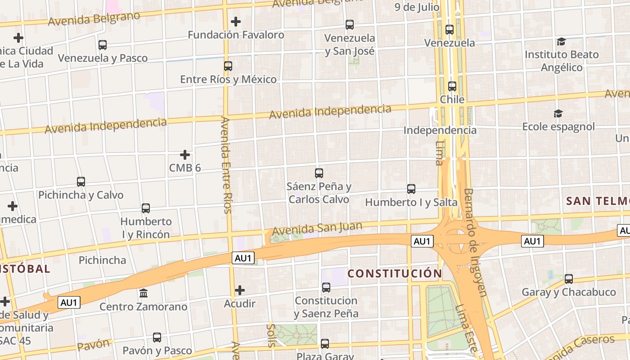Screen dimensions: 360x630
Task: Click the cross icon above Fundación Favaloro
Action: pos(236,22)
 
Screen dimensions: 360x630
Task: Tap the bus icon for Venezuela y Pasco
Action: pos(103,45)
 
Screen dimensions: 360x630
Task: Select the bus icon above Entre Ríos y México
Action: pos(228,66)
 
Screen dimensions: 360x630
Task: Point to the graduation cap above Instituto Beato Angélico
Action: pos(561,42)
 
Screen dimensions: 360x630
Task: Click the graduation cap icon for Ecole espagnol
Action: pos(558,113)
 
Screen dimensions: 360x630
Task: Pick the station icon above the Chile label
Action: pos(452,86)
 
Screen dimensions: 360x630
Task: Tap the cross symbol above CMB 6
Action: pos(185,155)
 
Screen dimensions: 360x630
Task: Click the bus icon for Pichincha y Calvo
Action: pos(81,182)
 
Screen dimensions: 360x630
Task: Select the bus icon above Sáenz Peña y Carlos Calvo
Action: pos(319,173)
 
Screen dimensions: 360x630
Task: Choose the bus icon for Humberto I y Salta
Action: pos(411,189)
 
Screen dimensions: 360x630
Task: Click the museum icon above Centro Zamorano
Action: pos(144,293)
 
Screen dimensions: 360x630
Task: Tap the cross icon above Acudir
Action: pos(240,290)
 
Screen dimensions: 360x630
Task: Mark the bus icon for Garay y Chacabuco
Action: pos(569,279)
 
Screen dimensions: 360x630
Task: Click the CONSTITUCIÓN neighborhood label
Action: pos(395,274)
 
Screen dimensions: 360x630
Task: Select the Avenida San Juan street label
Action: pos(317,228)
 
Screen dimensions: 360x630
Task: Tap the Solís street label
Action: pos(271,336)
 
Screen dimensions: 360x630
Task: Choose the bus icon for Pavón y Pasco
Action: pos(157,337)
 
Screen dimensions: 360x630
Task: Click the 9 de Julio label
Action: pos(417,7)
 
